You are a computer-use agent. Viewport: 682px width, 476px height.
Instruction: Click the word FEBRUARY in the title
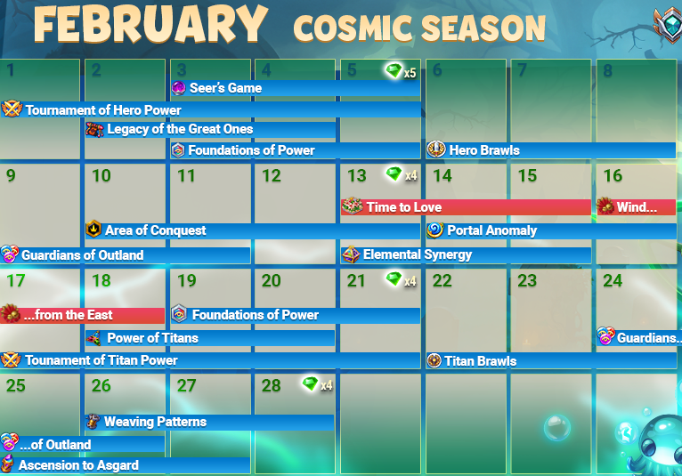pos(150,25)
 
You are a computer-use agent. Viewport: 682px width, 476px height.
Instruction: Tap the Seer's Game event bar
pos(296,88)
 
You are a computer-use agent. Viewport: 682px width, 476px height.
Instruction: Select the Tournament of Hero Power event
pos(210,109)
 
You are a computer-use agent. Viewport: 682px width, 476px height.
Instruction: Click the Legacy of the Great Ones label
pos(180,129)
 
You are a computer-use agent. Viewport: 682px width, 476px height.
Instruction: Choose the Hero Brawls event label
pos(484,150)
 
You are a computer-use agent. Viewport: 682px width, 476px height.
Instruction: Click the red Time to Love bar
pos(466,207)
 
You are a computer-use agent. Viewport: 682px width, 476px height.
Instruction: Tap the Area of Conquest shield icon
pos(93,229)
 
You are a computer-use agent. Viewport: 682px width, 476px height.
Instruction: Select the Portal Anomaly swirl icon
pos(434,230)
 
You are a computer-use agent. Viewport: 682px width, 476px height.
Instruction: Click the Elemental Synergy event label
pos(417,254)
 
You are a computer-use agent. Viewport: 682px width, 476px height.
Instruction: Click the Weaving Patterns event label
pos(155,422)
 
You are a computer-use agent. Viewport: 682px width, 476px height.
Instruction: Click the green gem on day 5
pos(394,70)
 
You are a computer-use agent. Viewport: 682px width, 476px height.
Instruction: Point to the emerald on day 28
pos(310,383)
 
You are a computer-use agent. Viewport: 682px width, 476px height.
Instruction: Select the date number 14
pos(442,175)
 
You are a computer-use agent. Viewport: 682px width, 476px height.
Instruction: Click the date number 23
pos(527,281)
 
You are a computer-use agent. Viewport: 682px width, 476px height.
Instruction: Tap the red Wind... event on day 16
pos(636,207)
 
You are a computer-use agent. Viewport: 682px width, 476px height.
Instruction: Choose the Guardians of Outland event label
pos(82,255)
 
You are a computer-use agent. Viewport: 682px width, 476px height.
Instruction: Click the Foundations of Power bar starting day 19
pos(296,315)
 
